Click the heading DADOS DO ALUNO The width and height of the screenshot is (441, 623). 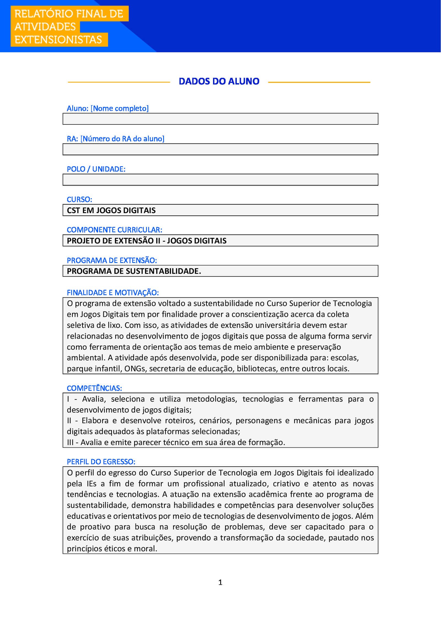219,81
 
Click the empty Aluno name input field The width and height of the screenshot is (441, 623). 220,119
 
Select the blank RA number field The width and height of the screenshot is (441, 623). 220,149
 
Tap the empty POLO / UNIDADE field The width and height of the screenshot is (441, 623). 220,180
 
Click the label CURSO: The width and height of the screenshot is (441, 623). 79,199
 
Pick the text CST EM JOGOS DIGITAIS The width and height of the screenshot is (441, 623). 111,210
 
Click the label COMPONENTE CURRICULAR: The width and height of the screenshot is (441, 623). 114,230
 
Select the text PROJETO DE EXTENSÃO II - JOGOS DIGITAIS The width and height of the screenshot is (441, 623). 147,241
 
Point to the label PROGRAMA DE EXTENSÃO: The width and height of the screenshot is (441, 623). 112,260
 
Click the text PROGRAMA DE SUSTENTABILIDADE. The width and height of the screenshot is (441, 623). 134,271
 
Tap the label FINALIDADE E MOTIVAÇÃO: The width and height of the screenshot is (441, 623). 113,293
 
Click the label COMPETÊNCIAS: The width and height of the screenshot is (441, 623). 94,388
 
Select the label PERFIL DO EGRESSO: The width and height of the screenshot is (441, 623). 101,462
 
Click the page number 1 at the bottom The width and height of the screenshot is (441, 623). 220,582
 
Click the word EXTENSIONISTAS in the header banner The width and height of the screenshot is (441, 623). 58,40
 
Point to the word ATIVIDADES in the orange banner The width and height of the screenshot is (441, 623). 45,27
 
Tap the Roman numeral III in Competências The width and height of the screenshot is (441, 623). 70,442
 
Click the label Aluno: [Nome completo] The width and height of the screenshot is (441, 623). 107,108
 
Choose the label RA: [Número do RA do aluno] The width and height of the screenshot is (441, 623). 115,139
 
